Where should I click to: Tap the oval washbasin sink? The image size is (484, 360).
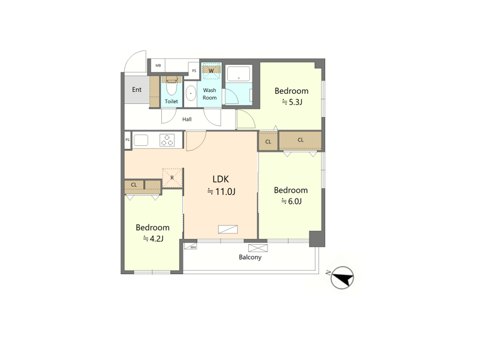point(191,93)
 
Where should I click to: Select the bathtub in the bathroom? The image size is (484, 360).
point(239,74)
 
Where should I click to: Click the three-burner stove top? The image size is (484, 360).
point(167,140)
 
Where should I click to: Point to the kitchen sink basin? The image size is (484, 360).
point(141,140)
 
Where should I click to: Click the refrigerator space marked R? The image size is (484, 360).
point(172,178)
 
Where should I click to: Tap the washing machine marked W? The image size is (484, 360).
point(211,71)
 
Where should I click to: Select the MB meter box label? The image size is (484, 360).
point(158,65)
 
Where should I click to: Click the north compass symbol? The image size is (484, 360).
point(342,277)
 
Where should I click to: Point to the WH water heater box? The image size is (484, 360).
point(191,247)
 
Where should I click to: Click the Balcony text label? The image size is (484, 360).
point(250,257)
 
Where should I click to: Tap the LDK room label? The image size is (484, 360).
point(221,179)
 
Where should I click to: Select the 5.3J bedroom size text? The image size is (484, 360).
point(292,102)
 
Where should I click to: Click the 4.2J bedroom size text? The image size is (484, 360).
point(153,239)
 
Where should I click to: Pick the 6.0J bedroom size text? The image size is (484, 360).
point(291,202)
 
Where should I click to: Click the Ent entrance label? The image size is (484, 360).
point(137,89)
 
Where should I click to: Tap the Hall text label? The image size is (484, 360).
point(187,119)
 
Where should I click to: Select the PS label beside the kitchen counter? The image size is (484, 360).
point(128,140)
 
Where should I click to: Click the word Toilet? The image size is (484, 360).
point(172,101)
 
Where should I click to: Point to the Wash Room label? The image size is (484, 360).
point(209,94)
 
